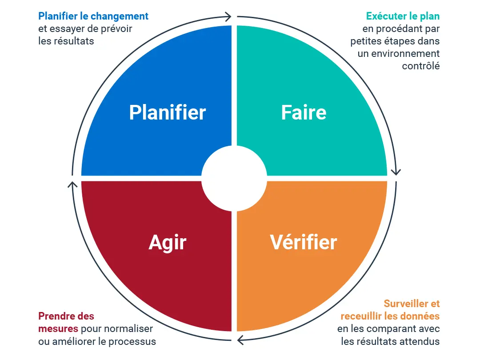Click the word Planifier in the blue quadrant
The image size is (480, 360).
(168, 112)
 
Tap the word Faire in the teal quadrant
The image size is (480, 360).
(304, 112)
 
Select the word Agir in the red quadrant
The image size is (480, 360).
(168, 243)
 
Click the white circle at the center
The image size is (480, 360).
(234, 179)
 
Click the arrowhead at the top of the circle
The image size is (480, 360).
(228, 16)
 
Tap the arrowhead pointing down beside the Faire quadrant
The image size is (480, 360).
(396, 172)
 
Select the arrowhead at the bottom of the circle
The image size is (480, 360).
(241, 340)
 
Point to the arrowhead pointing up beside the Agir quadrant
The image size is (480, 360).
(72, 185)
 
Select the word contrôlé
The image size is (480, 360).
(420, 66)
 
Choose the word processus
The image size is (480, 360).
(132, 341)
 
